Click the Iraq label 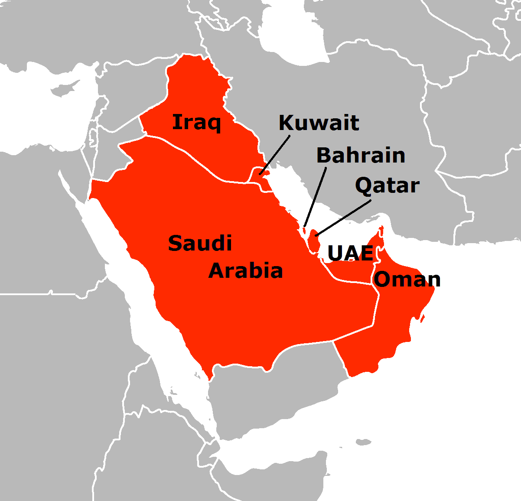click(x=196, y=123)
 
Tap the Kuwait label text click(x=319, y=123)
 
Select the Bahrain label click(x=361, y=155)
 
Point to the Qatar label click(x=387, y=186)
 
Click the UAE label click(x=350, y=253)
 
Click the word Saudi click(x=200, y=243)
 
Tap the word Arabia click(x=246, y=271)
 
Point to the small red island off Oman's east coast click(x=422, y=319)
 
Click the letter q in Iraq click(x=213, y=124)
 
